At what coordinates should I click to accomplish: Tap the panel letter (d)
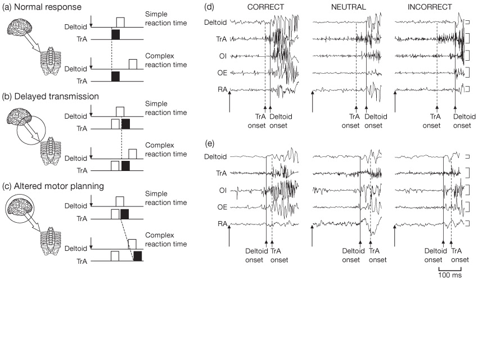coord(209,8)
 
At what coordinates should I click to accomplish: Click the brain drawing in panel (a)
coord(19,27)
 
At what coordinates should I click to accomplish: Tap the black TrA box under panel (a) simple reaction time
coord(115,35)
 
